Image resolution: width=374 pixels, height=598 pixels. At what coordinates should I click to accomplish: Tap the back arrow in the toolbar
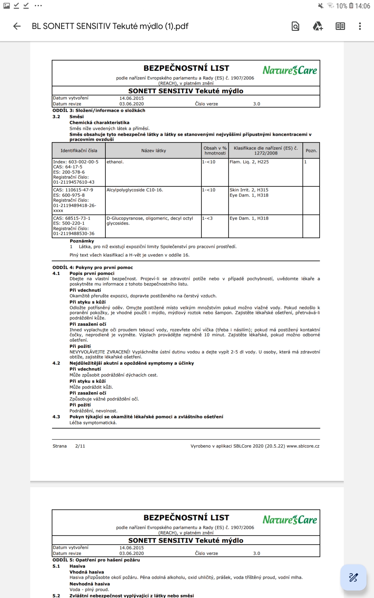click(17, 26)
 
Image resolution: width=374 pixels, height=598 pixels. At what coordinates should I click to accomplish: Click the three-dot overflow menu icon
click(360, 26)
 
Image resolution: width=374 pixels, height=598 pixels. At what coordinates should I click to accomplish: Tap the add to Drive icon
click(318, 26)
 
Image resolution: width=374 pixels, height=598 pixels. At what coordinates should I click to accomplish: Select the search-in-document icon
click(295, 26)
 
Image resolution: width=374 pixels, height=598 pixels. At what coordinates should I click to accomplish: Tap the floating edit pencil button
click(353, 577)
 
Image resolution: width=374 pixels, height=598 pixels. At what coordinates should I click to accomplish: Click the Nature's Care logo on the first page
click(290, 70)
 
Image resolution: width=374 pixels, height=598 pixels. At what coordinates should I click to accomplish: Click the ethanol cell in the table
click(115, 162)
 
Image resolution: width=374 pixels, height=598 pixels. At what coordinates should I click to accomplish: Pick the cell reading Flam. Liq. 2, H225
click(249, 162)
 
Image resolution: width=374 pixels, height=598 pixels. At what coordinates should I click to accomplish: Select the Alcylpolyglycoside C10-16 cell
click(135, 190)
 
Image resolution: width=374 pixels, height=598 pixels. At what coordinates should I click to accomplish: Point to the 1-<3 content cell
click(208, 218)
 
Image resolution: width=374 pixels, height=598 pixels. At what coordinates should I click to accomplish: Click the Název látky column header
click(153, 151)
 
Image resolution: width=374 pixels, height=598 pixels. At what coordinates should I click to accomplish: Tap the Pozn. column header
click(311, 151)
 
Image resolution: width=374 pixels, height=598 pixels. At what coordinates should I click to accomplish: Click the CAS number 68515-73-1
click(72, 218)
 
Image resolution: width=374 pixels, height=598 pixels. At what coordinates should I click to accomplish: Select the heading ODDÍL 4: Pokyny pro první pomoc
click(93, 268)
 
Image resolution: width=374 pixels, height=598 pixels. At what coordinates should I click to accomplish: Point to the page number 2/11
click(80, 446)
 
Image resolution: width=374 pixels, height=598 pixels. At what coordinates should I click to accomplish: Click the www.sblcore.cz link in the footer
click(303, 446)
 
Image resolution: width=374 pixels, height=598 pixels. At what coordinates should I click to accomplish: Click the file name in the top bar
click(110, 26)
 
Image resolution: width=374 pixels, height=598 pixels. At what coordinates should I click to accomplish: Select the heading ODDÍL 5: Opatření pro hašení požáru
click(96, 560)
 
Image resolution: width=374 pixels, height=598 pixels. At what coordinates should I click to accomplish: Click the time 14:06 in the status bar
click(362, 6)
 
